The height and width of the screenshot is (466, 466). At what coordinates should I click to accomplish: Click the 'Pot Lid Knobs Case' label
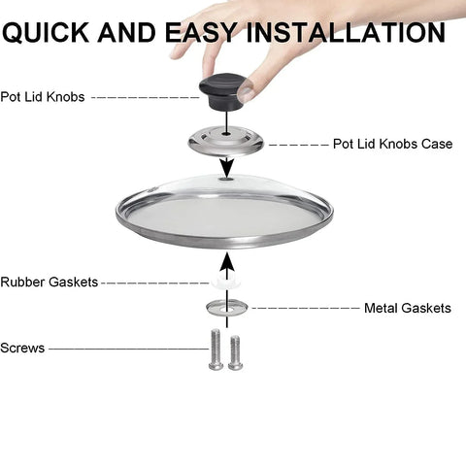coord(392,144)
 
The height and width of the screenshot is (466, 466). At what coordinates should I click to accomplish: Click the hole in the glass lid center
coord(225,178)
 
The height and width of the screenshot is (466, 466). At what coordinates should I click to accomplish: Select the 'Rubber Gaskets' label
coord(50,283)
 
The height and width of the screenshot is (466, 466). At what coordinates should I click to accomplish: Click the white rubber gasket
coord(225,283)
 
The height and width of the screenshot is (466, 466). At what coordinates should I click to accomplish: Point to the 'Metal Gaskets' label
coord(407,308)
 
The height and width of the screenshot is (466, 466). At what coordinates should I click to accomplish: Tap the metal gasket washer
coord(225,308)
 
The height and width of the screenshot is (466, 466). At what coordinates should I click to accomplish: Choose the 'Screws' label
coord(22,348)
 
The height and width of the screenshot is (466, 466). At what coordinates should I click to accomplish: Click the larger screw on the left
coord(216,349)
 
